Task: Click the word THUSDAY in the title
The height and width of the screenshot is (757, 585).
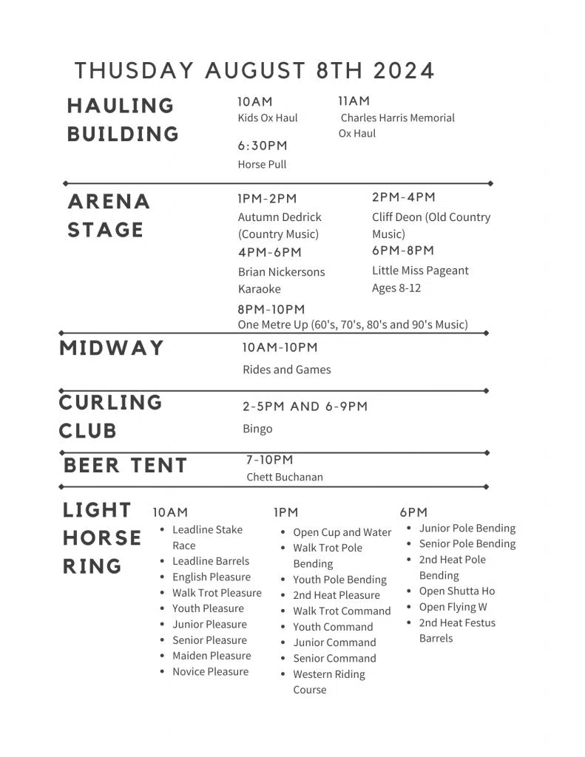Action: (x=134, y=71)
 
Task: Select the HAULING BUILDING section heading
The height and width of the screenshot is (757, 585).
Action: (x=123, y=120)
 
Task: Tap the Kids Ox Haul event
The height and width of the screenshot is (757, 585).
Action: (x=267, y=118)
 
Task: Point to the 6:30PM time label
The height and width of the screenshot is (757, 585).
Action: (x=263, y=146)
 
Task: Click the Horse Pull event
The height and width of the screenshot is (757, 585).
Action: (x=262, y=164)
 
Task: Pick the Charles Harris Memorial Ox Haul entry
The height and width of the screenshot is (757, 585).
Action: (x=396, y=125)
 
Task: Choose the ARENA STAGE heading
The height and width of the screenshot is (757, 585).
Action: (x=109, y=215)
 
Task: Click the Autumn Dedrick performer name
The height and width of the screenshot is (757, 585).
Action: (x=280, y=217)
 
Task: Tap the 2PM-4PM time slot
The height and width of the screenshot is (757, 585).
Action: (x=403, y=197)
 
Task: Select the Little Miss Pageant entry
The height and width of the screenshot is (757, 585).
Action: (x=420, y=271)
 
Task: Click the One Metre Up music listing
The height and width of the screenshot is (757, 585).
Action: (x=353, y=325)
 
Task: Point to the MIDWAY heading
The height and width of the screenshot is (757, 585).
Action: (x=112, y=348)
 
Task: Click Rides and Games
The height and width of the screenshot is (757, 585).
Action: (x=287, y=370)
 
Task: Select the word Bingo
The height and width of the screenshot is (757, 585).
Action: (x=257, y=429)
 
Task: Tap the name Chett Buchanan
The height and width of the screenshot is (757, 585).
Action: (x=285, y=477)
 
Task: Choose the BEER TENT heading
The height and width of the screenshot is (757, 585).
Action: (x=125, y=466)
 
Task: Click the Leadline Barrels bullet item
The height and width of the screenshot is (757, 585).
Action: (x=211, y=561)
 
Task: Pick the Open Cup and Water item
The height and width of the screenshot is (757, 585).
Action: (x=342, y=532)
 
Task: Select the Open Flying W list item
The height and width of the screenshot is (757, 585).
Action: (x=453, y=607)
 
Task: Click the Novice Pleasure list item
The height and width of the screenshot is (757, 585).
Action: (x=210, y=671)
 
